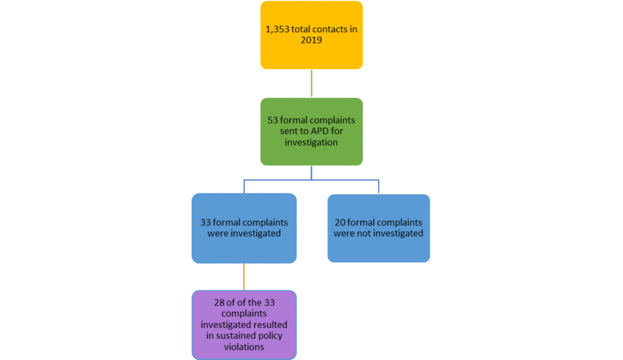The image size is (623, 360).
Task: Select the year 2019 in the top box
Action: coord(311,41)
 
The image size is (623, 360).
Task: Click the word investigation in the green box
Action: coord(311,142)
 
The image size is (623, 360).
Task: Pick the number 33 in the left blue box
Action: coord(206,223)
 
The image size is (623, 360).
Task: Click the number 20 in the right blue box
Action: coord(341,223)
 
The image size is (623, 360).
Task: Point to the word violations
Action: coord(244,347)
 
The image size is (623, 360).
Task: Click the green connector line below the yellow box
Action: coord(311,83)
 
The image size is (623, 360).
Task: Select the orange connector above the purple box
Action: coord(244,277)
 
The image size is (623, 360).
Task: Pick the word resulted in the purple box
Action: coord(271,325)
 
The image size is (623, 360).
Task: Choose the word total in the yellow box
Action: coord(296,29)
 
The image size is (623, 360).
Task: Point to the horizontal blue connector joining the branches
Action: coord(311,180)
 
